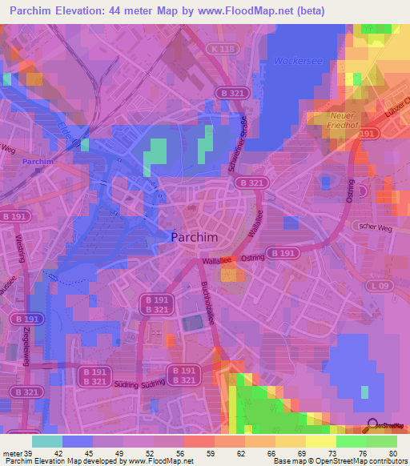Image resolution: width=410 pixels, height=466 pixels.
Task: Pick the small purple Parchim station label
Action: pyautogui.click(x=37, y=161)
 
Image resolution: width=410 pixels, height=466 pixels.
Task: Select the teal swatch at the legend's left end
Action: pyautogui.click(x=46, y=440)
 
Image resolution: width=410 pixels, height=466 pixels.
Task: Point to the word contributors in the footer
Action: pyautogui.click(x=384, y=461)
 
